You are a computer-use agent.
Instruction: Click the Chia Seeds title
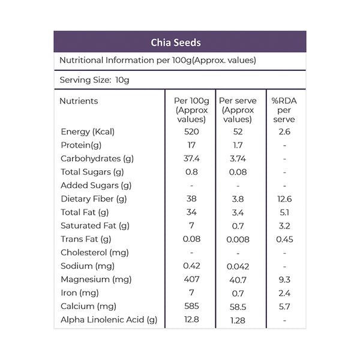coord(176,43)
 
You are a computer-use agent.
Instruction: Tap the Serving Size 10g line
coord(94,80)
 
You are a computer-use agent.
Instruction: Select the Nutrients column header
coord(79,101)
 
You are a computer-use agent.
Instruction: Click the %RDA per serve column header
coord(284,110)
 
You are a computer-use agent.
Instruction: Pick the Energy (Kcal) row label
coord(88,132)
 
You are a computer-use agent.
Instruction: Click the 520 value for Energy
coord(191,131)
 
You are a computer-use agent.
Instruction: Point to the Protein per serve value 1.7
coord(238,145)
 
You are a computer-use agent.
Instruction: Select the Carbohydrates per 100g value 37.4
coord(191,158)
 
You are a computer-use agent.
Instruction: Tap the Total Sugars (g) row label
coord(92,172)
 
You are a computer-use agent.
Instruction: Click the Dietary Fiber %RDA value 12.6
coord(284,199)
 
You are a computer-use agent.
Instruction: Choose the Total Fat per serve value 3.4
coord(238,212)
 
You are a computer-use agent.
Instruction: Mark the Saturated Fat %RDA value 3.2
coord(284,226)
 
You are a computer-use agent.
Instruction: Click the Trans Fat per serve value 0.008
coord(238,239)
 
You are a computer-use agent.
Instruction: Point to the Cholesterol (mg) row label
coord(95,253)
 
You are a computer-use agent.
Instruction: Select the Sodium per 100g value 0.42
coord(191,266)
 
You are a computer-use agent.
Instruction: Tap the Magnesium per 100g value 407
coord(191,279)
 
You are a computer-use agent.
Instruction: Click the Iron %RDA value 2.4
coord(284,293)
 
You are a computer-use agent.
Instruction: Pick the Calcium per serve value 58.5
coord(238,307)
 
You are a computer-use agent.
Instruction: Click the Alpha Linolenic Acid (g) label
coord(109,320)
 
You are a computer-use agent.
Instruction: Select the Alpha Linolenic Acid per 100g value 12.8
coord(191,319)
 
